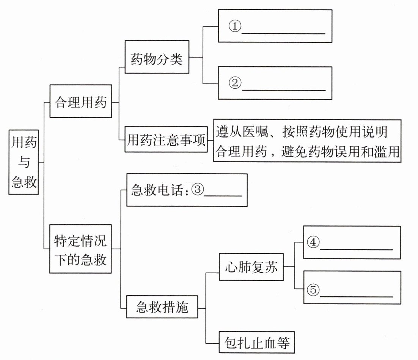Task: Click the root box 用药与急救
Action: click(x=24, y=162)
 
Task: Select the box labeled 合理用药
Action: click(x=81, y=102)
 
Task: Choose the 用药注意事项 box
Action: click(x=166, y=141)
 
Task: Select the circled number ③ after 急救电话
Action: click(x=198, y=189)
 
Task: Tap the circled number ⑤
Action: click(x=313, y=290)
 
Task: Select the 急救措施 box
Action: click(x=162, y=307)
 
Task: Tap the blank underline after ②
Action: click(x=283, y=89)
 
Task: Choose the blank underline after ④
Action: click(x=356, y=249)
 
